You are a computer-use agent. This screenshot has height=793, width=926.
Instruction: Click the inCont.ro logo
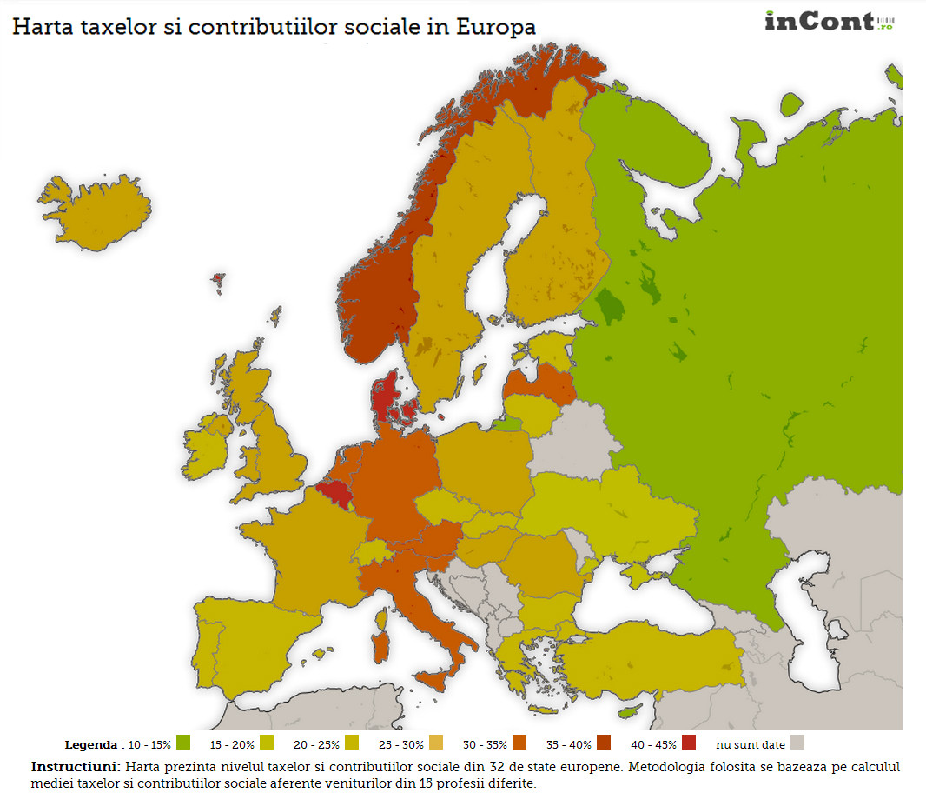[829, 21]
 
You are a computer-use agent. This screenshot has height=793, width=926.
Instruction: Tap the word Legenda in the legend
[91, 744]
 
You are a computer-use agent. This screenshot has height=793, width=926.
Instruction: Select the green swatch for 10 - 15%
[182, 743]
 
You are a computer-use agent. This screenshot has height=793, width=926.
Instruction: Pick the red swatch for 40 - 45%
[689, 743]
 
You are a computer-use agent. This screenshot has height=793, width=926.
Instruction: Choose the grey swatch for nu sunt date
[797, 743]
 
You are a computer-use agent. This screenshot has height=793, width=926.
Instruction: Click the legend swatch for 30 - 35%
[520, 743]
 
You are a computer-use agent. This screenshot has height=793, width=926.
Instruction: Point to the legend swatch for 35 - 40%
[603, 743]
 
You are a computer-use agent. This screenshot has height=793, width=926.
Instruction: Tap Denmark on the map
[384, 396]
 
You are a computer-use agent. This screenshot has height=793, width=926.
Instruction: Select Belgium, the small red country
[334, 495]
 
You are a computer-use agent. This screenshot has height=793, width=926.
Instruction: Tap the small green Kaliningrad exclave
[508, 424]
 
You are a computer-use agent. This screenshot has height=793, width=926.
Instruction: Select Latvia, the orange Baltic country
[539, 383]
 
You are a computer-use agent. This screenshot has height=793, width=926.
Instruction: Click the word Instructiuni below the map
[76, 767]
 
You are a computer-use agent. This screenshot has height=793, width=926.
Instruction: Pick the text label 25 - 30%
[400, 744]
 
